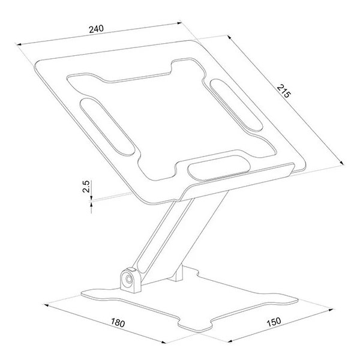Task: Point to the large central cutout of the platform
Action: pos(162,120)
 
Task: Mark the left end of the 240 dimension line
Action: pos(17,44)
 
